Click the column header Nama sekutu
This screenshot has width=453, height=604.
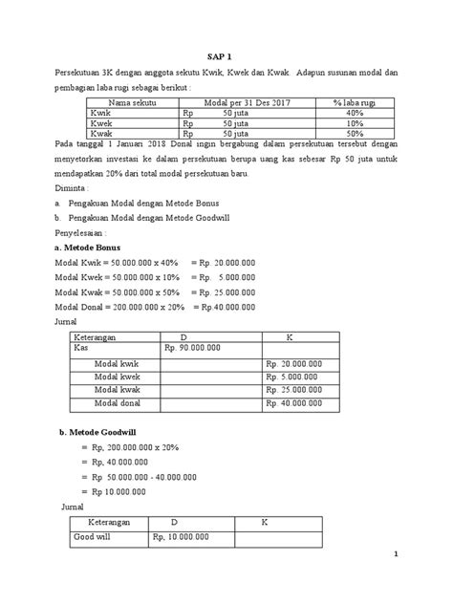tap(133, 102)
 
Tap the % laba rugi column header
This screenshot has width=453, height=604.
tap(352, 102)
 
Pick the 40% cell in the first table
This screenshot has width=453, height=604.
tap(352, 113)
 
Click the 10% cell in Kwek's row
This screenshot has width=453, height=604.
tap(352, 123)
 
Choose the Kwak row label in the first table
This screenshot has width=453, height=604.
tap(101, 134)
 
